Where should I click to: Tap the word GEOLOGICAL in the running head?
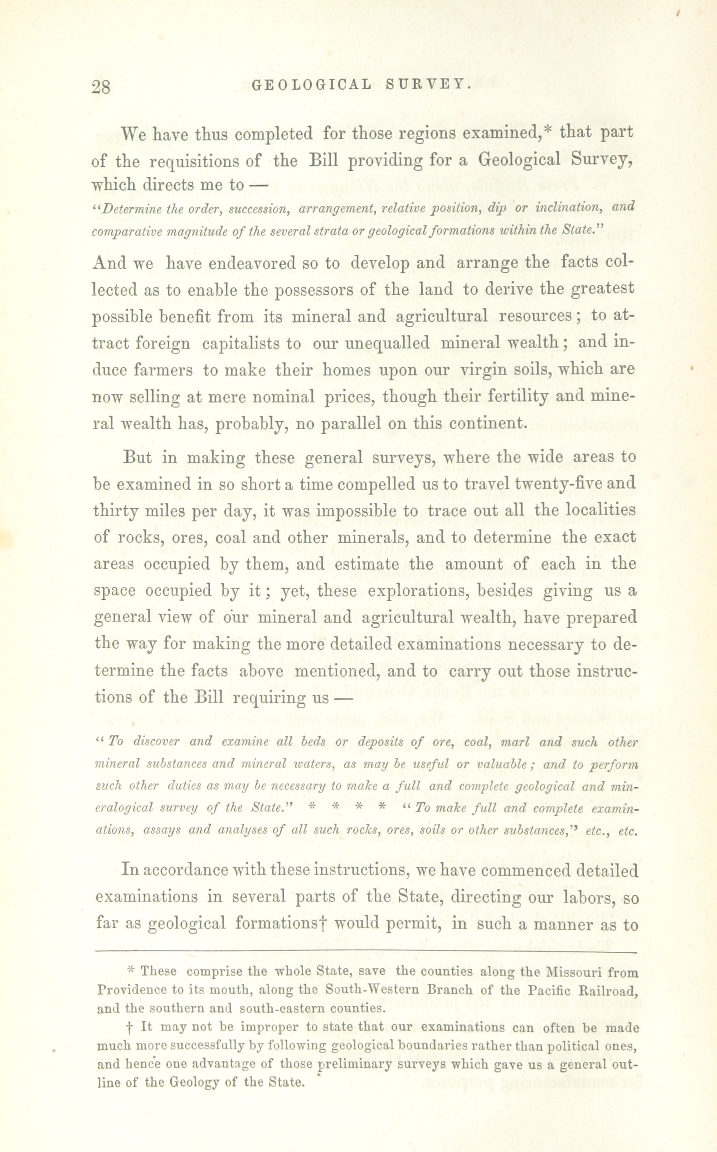pyautogui.click(x=312, y=85)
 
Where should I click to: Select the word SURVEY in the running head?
pyautogui.click(x=428, y=85)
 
